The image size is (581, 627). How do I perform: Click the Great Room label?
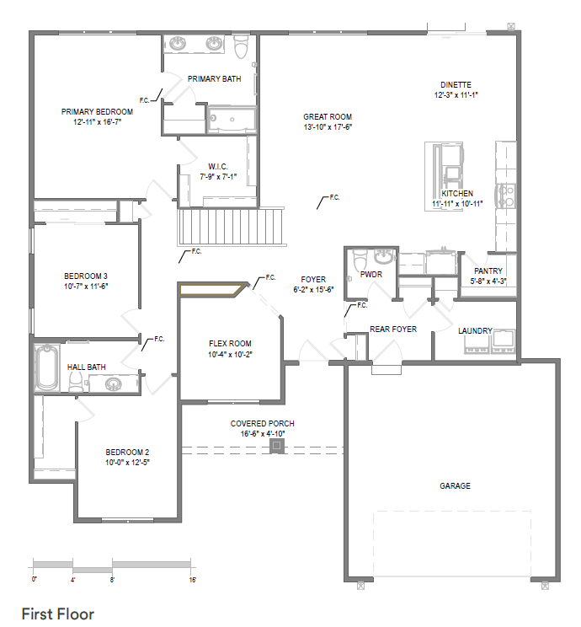pos(328,117)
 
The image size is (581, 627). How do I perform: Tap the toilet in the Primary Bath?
pos(241,47)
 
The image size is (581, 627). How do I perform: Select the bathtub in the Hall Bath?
pos(46,367)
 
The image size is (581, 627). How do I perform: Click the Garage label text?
pos(455,486)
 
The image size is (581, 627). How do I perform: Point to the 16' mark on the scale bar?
pos(193,580)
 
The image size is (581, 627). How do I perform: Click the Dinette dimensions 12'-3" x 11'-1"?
pos(456,95)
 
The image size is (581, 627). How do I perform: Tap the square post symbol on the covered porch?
pos(276,446)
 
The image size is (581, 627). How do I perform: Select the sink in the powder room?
pos(385,256)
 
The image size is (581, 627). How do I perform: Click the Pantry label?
pos(488,271)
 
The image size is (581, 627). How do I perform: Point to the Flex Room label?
pos(230,344)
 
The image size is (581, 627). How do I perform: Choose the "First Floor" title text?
pos(58,614)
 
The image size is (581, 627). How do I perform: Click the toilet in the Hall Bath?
pos(76,383)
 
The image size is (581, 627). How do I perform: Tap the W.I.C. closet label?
pos(218,166)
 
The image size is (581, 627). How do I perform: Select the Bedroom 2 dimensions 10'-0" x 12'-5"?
pos(127,463)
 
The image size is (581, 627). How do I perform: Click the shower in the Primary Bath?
pos(232,119)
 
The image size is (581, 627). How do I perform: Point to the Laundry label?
pos(475,331)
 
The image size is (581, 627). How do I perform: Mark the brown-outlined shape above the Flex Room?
pos(212,290)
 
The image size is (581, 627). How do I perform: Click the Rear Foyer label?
pos(393,330)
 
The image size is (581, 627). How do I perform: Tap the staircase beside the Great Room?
pos(231,227)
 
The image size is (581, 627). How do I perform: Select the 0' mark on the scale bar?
pos(34,580)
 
